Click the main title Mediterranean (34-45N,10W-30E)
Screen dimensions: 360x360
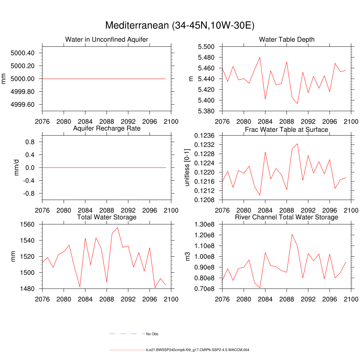(x=180, y=26)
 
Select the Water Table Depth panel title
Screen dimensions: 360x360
(x=287, y=39)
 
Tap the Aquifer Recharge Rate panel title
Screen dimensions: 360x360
(x=107, y=128)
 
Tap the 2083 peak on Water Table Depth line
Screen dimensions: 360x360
(x=260, y=57)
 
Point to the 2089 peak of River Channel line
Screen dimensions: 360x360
(x=292, y=234)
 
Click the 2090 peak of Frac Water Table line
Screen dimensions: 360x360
(x=297, y=143)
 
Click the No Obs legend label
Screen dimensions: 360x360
(x=152, y=334)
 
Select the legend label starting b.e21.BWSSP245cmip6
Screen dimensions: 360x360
(x=198, y=350)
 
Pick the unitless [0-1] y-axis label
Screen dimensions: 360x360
(x=187, y=167)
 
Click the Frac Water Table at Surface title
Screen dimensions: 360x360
(x=287, y=129)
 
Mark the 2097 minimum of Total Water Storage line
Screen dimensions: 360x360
(x=155, y=288)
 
